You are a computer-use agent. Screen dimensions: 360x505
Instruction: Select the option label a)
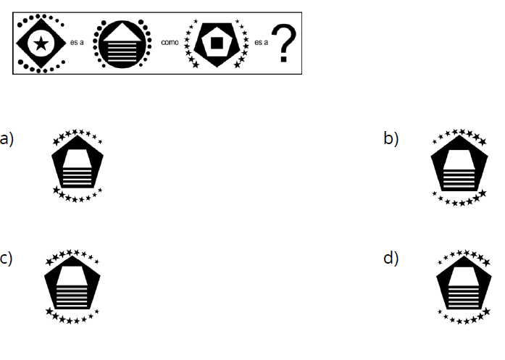[x=7, y=138]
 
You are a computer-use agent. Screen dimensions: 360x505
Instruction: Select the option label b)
[x=391, y=138]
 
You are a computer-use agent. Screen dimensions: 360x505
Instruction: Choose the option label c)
[x=7, y=258]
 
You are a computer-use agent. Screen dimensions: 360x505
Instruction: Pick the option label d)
[x=391, y=258]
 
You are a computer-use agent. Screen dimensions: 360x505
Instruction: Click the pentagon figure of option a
[x=78, y=167]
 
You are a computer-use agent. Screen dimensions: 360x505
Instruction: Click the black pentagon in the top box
[x=217, y=58]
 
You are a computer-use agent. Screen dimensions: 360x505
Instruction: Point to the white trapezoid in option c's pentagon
[x=72, y=274]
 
